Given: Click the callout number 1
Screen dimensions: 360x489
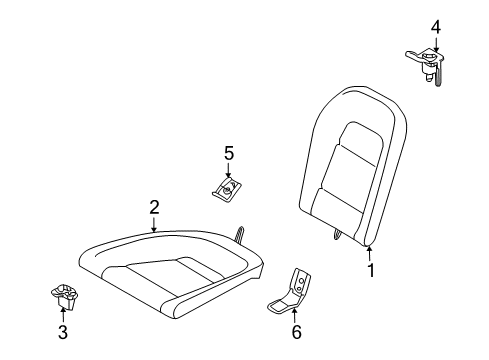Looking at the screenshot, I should [x=371, y=270].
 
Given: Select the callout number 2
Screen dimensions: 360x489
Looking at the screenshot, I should [x=154, y=207].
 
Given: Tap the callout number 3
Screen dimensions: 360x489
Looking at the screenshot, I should [x=62, y=331].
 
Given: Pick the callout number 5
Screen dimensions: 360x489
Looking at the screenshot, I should [x=228, y=152].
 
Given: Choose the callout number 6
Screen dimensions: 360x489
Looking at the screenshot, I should [x=295, y=332].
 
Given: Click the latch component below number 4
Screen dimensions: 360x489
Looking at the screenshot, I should [x=426, y=62].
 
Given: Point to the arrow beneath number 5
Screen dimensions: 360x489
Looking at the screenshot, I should [x=228, y=170].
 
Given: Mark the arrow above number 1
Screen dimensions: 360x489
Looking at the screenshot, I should [x=370, y=253].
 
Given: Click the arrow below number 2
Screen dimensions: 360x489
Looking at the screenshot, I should [x=154, y=225].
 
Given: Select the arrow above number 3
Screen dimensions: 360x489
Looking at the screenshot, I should [x=62, y=311].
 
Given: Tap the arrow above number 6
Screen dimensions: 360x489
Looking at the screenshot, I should [x=295, y=314].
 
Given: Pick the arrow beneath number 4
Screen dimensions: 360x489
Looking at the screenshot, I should [x=435, y=44].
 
